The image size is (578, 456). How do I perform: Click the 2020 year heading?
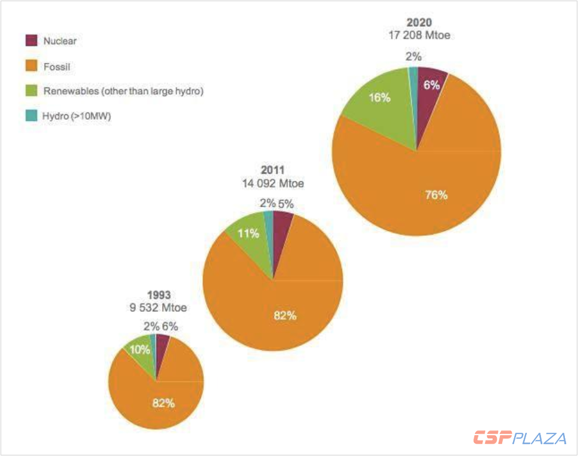[418, 23]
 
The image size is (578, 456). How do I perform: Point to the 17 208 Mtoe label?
[418, 36]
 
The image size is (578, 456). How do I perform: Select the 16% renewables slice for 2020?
[379, 99]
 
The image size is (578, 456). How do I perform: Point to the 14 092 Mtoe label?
[273, 184]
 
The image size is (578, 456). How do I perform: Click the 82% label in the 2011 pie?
[285, 316]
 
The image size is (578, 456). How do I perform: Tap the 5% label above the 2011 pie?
[285, 204]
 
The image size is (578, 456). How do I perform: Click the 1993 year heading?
[159, 295]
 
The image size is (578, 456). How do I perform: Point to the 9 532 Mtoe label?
[159, 308]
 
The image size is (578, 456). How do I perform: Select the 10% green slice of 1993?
[141, 351]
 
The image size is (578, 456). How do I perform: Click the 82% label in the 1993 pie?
[163, 403]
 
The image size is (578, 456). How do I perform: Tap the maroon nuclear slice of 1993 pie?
[161, 342]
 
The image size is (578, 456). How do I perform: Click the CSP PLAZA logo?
[520, 439]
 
